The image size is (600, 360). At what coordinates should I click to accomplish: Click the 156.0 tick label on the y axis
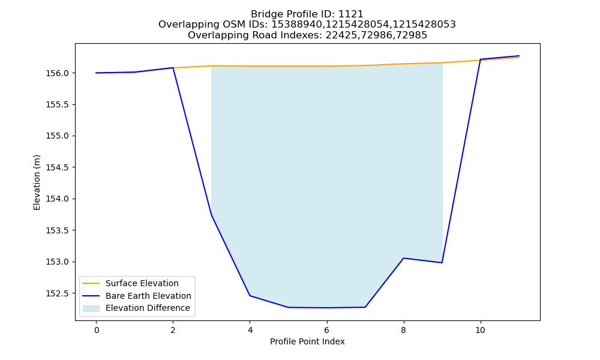pyautogui.click(x=58, y=73)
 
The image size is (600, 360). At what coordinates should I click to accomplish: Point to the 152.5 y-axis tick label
pyautogui.click(x=58, y=293)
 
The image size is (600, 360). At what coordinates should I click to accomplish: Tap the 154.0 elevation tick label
pyautogui.click(x=58, y=199)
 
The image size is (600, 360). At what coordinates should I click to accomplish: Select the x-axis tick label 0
pyautogui.click(x=97, y=330)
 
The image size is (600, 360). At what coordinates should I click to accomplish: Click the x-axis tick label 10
pyautogui.click(x=480, y=330)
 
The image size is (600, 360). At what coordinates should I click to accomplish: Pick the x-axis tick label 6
pyautogui.click(x=327, y=330)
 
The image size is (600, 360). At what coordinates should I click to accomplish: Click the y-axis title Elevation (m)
pyautogui.click(x=37, y=182)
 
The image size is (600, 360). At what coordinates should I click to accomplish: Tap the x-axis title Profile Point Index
pyautogui.click(x=307, y=341)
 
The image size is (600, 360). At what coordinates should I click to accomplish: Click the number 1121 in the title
pyautogui.click(x=351, y=14)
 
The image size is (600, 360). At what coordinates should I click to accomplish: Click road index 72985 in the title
pyautogui.click(x=412, y=35)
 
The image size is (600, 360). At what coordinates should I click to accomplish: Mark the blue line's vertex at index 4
pyautogui.click(x=250, y=295)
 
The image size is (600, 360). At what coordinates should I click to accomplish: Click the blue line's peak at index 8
pyautogui.click(x=404, y=258)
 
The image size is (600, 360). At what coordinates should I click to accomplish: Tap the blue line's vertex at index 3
pyautogui.click(x=212, y=215)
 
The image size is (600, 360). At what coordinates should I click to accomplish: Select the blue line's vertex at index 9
pyautogui.click(x=442, y=262)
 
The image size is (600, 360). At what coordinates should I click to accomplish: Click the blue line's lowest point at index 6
pyautogui.click(x=327, y=308)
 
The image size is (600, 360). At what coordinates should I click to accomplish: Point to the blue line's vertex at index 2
pyautogui.click(x=173, y=68)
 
